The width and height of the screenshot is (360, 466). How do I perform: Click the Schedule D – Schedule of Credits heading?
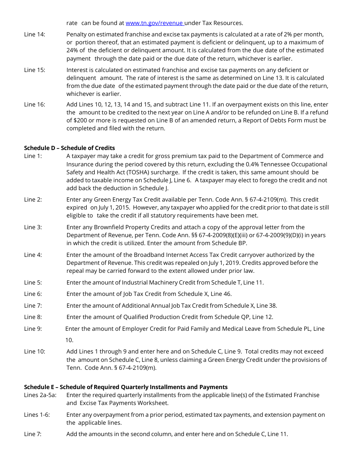click(x=69, y=148)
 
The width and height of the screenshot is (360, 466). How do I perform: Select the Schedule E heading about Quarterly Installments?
click(x=125, y=387)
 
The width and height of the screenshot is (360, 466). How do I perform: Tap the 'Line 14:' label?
click(x=34, y=34)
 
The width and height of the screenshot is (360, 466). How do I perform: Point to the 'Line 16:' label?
click(x=34, y=104)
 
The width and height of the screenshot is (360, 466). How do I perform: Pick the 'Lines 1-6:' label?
click(x=37, y=414)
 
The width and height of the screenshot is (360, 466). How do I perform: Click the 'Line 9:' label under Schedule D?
click(x=33, y=328)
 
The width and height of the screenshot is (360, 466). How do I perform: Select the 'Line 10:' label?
click(x=34, y=352)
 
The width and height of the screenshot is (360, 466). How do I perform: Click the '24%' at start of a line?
click(x=72, y=50)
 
